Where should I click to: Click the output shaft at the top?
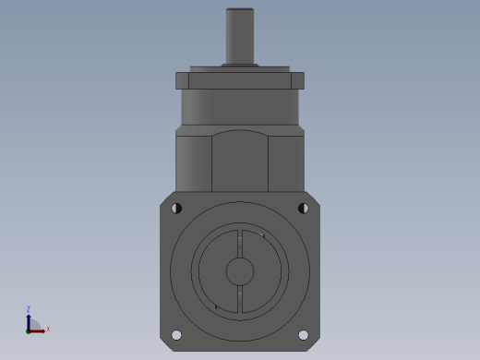240,36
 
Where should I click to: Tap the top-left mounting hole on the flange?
176,209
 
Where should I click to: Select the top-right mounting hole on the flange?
304,209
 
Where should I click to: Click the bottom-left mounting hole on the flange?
176,335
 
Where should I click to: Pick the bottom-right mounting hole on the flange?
304,335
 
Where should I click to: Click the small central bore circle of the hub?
240,271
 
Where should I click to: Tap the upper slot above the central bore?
240,244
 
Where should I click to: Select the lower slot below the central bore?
240,299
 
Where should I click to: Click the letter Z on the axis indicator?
29,309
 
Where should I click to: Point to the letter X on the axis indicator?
48,330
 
